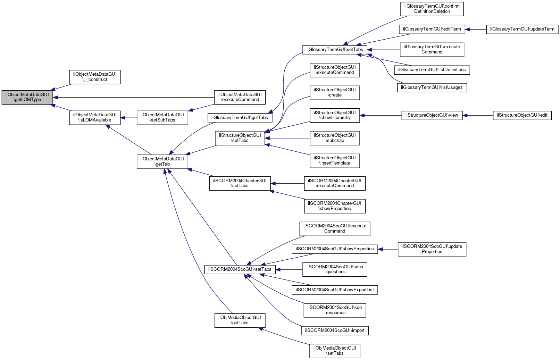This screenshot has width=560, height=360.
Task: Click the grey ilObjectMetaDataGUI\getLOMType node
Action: pyautogui.click(x=27, y=97)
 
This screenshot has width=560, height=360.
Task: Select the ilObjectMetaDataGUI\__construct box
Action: pyautogui.click(x=95, y=77)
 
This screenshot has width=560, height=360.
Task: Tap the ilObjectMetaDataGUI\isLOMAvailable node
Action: pyautogui.click(x=95, y=118)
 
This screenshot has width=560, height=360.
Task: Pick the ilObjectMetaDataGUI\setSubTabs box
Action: pyautogui.click(x=162, y=118)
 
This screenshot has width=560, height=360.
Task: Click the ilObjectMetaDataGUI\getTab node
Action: pyautogui.click(x=162, y=161)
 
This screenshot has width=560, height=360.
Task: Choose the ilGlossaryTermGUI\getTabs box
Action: pyautogui.click(x=240, y=118)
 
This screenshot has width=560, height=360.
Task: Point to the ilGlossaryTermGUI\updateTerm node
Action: pyautogui.click(x=522, y=29)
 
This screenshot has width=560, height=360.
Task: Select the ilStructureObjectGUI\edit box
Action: pyautogui.click(x=522, y=115)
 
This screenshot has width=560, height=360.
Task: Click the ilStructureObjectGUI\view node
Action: pyautogui.click(x=432, y=115)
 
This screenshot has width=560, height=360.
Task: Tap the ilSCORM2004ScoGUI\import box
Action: pyautogui.click(x=335, y=330)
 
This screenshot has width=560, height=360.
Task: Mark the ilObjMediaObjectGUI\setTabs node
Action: pyautogui.click(x=335, y=351)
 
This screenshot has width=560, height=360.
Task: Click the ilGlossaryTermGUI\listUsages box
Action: pyautogui.click(x=432, y=87)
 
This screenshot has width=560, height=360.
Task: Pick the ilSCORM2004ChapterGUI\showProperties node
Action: pyautogui.click(x=335, y=206)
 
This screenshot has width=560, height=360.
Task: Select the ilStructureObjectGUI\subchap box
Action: pyautogui.click(x=335, y=138)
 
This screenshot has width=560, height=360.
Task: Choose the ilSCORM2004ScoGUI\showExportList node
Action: pyautogui.click(x=335, y=290)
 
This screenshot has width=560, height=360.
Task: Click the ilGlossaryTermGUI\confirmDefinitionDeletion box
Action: pyautogui.click(x=432, y=9)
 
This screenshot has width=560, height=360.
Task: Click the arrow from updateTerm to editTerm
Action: pyautogui.click(x=476, y=29)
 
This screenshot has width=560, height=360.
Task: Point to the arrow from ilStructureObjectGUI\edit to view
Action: pyautogui.click(x=477, y=115)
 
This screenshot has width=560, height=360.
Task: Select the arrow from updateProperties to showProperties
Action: pyautogui.click(x=388, y=249)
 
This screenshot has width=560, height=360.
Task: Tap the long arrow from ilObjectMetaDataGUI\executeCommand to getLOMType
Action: pyautogui.click(x=134, y=97)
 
